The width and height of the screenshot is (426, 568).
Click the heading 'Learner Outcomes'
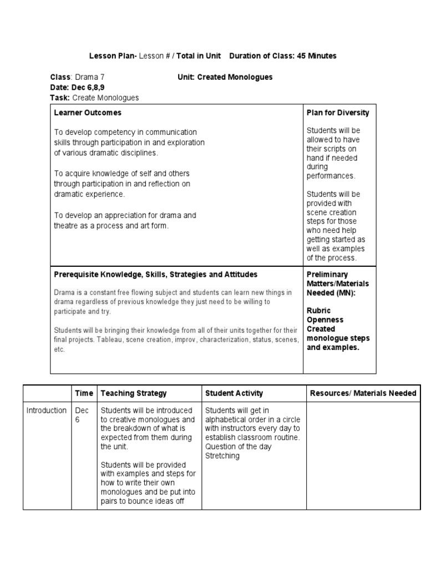click(x=88, y=113)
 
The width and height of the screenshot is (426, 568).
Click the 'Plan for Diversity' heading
click(x=338, y=113)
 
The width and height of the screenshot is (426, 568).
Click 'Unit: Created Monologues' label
click(x=225, y=77)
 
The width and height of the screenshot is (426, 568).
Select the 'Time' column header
click(x=84, y=393)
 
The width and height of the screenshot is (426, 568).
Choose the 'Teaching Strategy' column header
click(x=134, y=393)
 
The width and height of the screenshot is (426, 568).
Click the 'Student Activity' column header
click(x=234, y=393)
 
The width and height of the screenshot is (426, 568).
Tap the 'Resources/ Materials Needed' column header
click(x=363, y=393)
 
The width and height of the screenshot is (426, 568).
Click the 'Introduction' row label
click(x=47, y=410)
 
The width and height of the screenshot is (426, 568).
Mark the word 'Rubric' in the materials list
click(x=318, y=311)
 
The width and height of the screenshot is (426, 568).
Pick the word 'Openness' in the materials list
click(x=325, y=320)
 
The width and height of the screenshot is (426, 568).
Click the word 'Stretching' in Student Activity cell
click(x=222, y=456)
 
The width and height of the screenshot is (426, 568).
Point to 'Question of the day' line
click(x=239, y=447)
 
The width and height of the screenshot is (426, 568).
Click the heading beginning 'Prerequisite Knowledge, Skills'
click(x=155, y=275)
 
